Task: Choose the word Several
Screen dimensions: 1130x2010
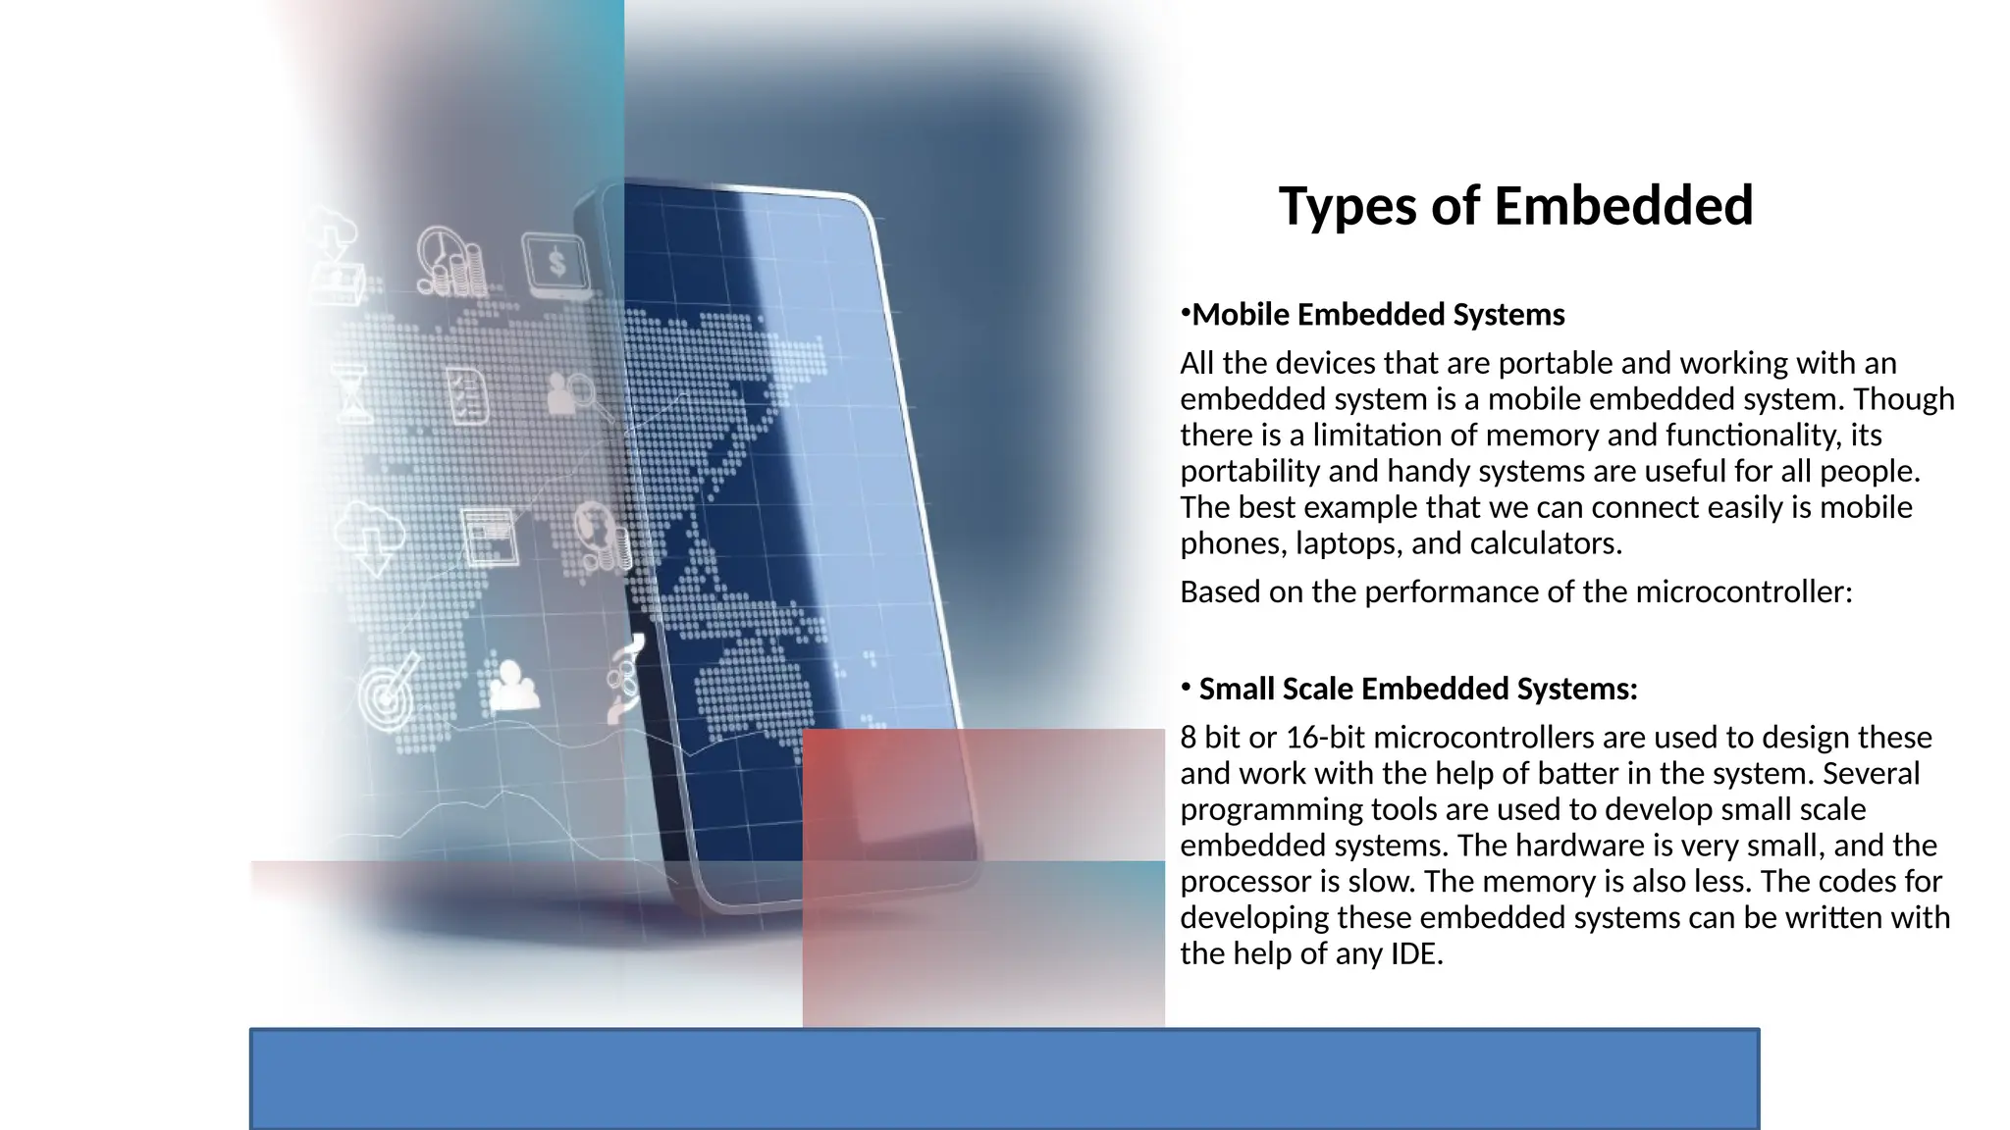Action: [1871, 774]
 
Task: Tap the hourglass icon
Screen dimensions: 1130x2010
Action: [353, 393]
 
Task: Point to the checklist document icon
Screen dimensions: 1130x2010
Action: [467, 395]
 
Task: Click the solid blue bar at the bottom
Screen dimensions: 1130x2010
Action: [1004, 1078]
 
